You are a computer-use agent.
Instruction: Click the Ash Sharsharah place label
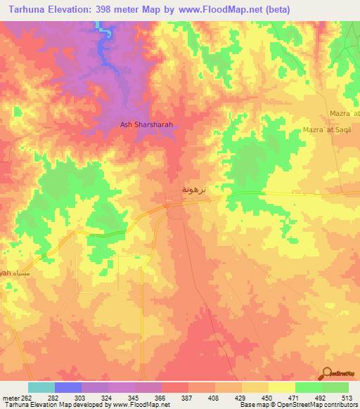tap(146, 125)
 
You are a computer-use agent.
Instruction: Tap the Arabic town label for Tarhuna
tap(195, 190)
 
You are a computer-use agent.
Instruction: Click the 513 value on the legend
tap(348, 398)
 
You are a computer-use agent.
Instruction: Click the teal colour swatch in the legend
tap(41, 387)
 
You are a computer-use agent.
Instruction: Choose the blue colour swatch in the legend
tap(68, 387)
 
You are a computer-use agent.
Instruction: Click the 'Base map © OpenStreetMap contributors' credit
tap(297, 405)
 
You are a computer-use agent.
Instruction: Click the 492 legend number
tap(322, 398)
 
